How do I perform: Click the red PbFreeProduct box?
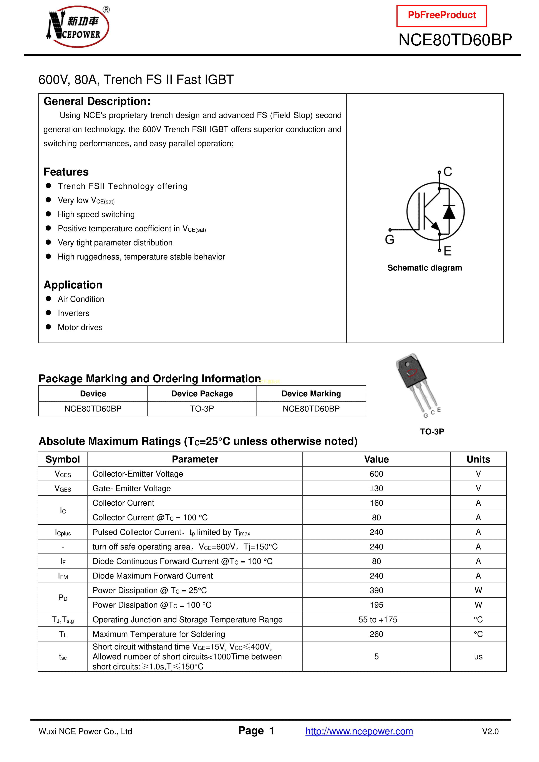441,16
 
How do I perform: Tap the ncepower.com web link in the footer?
359,731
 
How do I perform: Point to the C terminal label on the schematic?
448,172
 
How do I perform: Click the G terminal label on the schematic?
390,240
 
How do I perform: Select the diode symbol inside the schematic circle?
449,212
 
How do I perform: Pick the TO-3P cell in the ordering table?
202,409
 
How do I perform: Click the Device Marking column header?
311,394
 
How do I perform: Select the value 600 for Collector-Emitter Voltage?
376,474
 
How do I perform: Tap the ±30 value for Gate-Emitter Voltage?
376,489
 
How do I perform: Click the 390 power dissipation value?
376,590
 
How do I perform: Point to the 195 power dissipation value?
376,605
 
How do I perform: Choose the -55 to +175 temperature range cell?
376,620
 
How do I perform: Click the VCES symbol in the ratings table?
63,474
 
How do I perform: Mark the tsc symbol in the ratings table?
63,657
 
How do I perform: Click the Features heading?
66,172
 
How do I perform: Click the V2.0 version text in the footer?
490,731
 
